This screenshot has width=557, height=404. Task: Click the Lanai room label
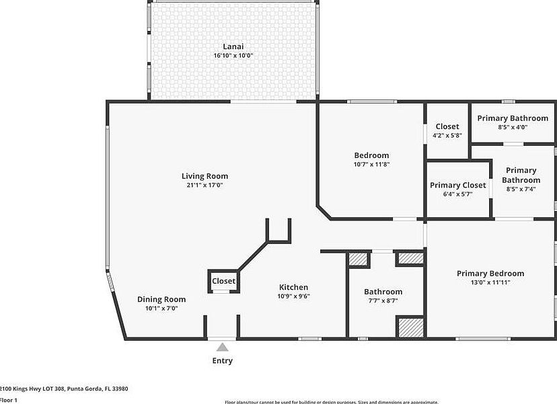tap(233, 46)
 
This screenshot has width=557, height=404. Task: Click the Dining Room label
tap(161, 299)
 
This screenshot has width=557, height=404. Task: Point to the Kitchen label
tap(294, 287)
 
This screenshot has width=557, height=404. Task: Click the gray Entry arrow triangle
tap(222, 347)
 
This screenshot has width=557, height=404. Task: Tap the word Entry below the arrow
tap(223, 361)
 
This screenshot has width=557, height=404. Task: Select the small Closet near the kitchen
tap(224, 281)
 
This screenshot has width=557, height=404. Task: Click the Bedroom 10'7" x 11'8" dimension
tap(371, 164)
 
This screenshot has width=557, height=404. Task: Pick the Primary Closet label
tap(457, 185)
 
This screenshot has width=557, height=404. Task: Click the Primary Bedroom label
tap(490, 273)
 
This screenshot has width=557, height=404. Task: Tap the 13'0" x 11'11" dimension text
tap(490, 282)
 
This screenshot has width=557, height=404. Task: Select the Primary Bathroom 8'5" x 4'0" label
tap(513, 118)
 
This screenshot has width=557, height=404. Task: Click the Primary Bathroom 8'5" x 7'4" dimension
tap(521, 189)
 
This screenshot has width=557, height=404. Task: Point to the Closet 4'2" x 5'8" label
tap(447, 126)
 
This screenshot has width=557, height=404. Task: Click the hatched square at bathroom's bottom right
tap(409, 327)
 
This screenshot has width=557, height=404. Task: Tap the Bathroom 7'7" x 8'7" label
tap(383, 292)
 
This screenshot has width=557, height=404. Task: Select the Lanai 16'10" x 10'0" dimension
tap(233, 55)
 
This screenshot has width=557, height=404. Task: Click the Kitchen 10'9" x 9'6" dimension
tap(294, 296)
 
